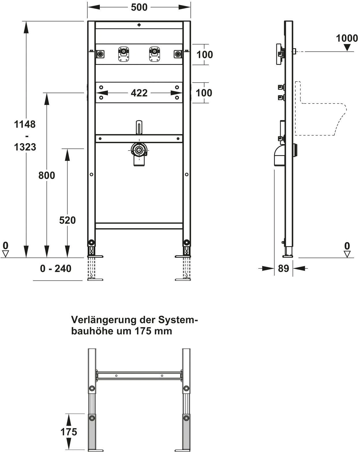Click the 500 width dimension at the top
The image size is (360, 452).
(139, 7)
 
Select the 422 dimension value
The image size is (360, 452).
(139, 93)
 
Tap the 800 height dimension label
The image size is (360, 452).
(47, 175)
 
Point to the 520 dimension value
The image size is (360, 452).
(67, 220)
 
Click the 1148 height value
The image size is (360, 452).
(25, 124)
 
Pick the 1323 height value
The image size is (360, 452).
(25, 147)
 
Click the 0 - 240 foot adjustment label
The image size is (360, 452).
(56, 269)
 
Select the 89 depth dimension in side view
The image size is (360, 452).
(283, 268)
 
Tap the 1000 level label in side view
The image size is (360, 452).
(347, 38)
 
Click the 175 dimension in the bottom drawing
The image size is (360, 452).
(69, 432)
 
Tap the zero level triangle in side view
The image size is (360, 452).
(347, 254)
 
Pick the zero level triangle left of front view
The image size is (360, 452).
(5, 254)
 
